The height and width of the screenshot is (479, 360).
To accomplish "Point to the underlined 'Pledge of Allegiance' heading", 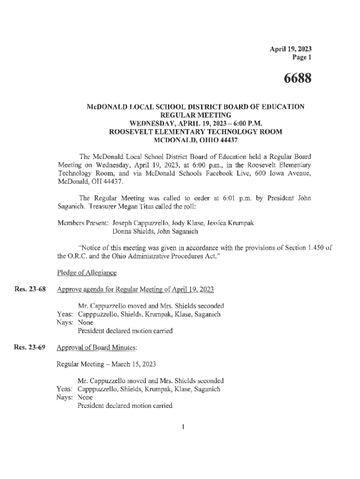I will (86, 272).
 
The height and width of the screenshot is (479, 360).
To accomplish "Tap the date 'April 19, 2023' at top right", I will (290, 49).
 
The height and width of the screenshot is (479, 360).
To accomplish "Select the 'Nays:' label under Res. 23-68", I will (65, 322).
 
